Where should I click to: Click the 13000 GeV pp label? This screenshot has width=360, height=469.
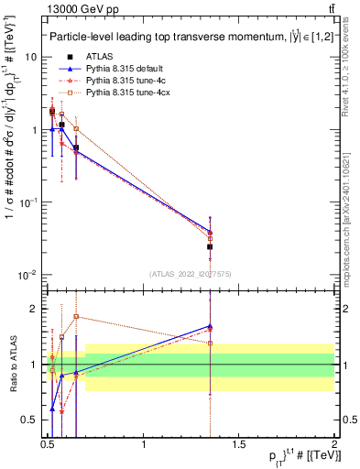click(73, 9)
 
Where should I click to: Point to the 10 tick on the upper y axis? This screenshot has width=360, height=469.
click(31, 58)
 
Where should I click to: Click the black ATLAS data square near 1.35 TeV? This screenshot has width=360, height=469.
click(211, 246)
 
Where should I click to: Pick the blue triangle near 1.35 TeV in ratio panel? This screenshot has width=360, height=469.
click(211, 325)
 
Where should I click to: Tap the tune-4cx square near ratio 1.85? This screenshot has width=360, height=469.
click(76, 317)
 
